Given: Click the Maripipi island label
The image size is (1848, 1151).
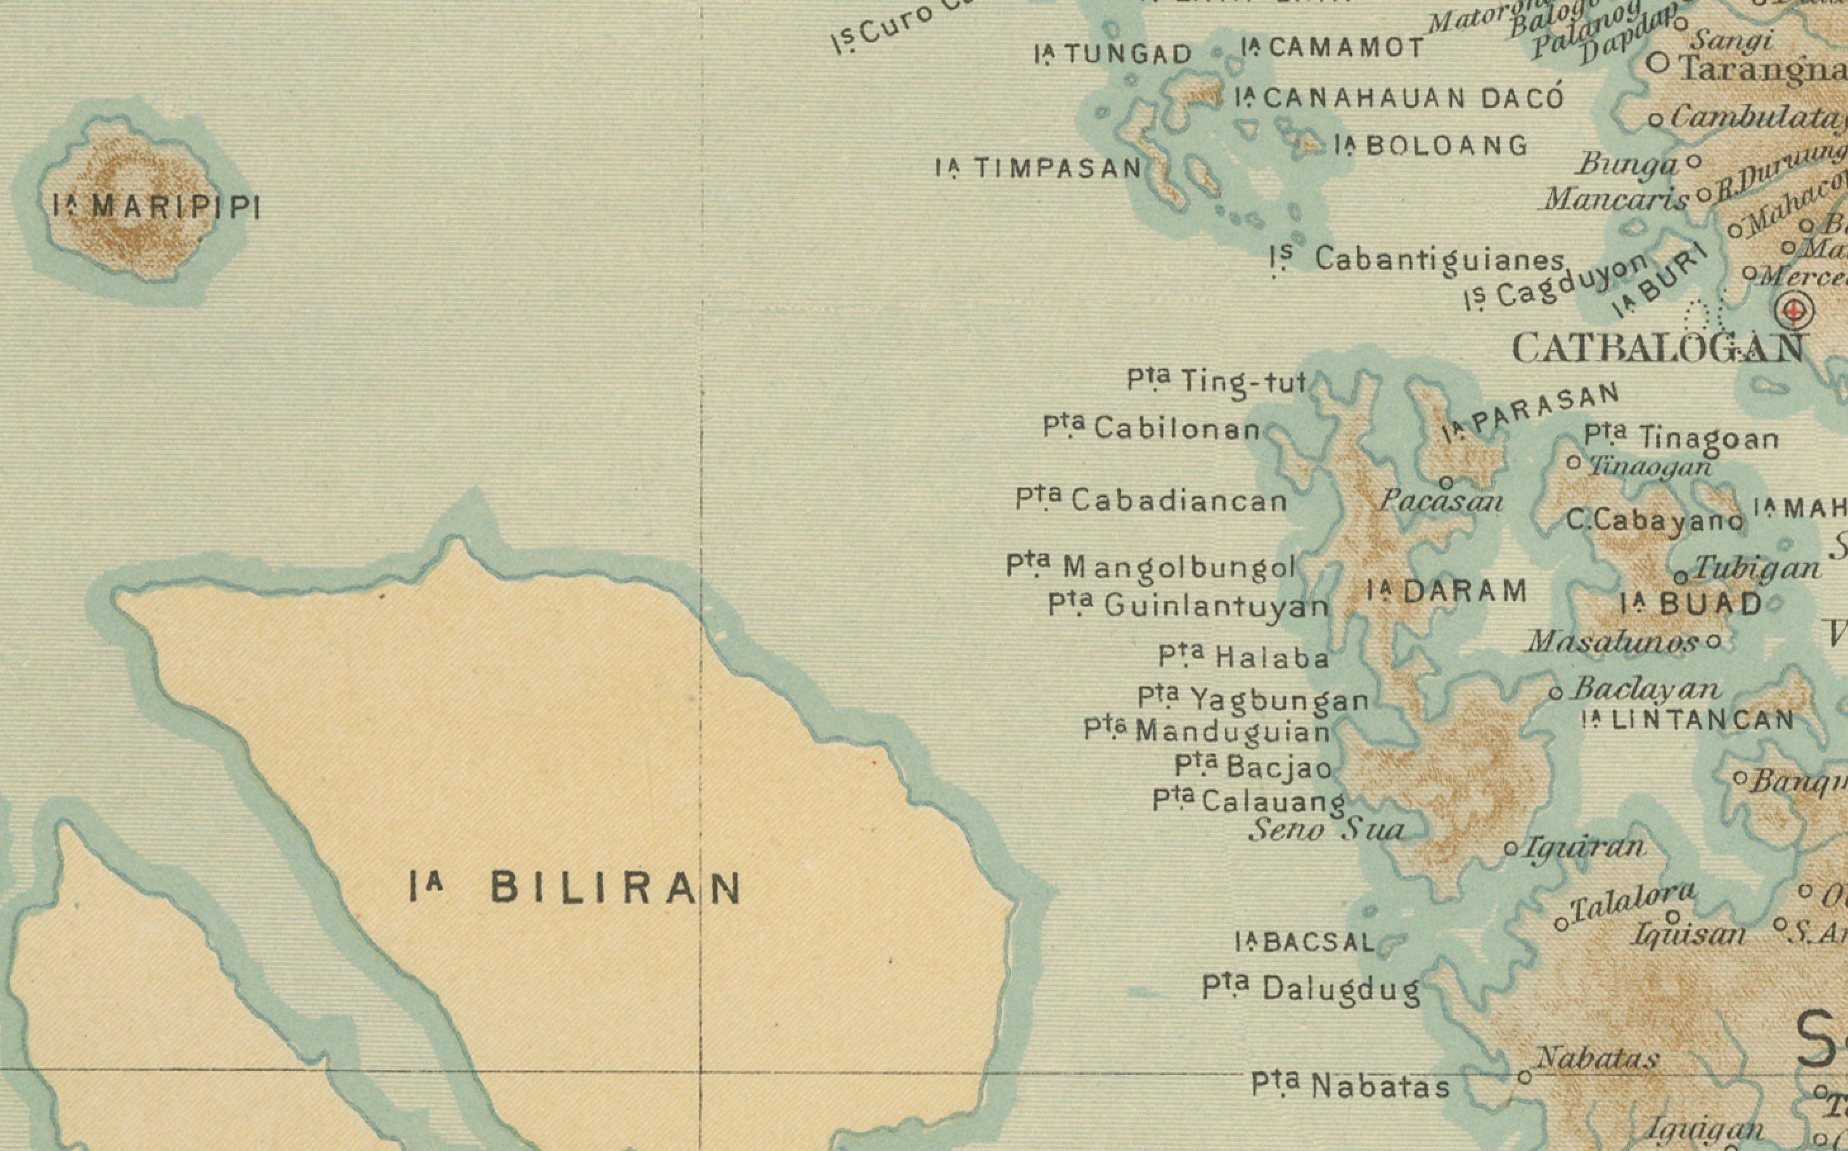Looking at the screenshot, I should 157,206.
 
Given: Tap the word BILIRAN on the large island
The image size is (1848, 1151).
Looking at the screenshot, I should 615,887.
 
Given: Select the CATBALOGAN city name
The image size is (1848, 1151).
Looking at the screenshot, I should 1657,349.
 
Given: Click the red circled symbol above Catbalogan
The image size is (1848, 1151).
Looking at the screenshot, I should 1795,311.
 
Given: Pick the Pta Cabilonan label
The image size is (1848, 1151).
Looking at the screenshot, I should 1152,428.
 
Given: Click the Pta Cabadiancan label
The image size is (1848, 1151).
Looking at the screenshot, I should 1151,501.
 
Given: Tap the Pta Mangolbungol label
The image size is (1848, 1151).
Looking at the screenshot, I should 1150,567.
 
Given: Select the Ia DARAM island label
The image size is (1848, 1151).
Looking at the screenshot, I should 1447,591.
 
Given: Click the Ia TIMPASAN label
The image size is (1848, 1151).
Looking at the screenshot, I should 1039,168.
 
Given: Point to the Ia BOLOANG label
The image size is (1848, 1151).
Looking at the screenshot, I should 1431,145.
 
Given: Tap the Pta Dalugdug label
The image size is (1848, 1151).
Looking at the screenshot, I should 1311,989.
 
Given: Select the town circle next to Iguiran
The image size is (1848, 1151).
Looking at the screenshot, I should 1511,849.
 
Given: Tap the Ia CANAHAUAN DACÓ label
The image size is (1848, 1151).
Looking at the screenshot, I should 1399,98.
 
